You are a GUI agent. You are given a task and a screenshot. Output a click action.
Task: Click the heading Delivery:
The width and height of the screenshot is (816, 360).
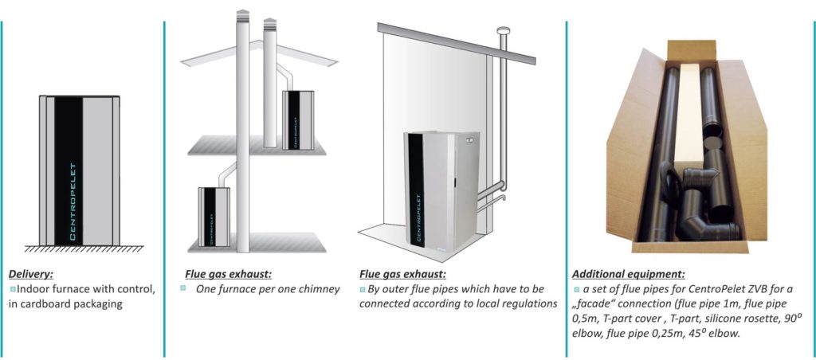[x=31, y=274]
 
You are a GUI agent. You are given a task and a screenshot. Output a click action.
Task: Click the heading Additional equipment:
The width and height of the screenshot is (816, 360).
[x=628, y=274]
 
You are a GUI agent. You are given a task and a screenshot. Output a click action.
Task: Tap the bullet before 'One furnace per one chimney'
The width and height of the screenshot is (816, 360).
[x=183, y=288]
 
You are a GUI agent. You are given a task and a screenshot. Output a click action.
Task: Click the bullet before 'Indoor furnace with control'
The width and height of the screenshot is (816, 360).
[x=13, y=288]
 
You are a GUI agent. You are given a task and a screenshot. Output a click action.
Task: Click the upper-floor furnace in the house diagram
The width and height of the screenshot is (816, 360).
[x=298, y=120]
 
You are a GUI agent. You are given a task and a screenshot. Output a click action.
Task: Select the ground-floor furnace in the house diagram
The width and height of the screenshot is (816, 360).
[x=214, y=217]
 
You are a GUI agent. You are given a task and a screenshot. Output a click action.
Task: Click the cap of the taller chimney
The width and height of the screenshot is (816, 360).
[x=242, y=16]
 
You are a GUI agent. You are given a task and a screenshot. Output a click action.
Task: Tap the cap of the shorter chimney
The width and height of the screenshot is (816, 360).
[x=269, y=24]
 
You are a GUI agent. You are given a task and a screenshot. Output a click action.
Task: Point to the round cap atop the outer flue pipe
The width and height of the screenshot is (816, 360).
[x=504, y=31]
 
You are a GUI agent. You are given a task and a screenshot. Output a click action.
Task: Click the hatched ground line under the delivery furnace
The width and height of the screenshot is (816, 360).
[x=84, y=248]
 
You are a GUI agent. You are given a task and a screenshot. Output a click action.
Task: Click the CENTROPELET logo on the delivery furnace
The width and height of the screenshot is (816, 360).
[x=73, y=202]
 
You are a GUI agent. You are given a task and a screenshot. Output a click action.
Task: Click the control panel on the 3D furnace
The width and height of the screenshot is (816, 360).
[x=472, y=139]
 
